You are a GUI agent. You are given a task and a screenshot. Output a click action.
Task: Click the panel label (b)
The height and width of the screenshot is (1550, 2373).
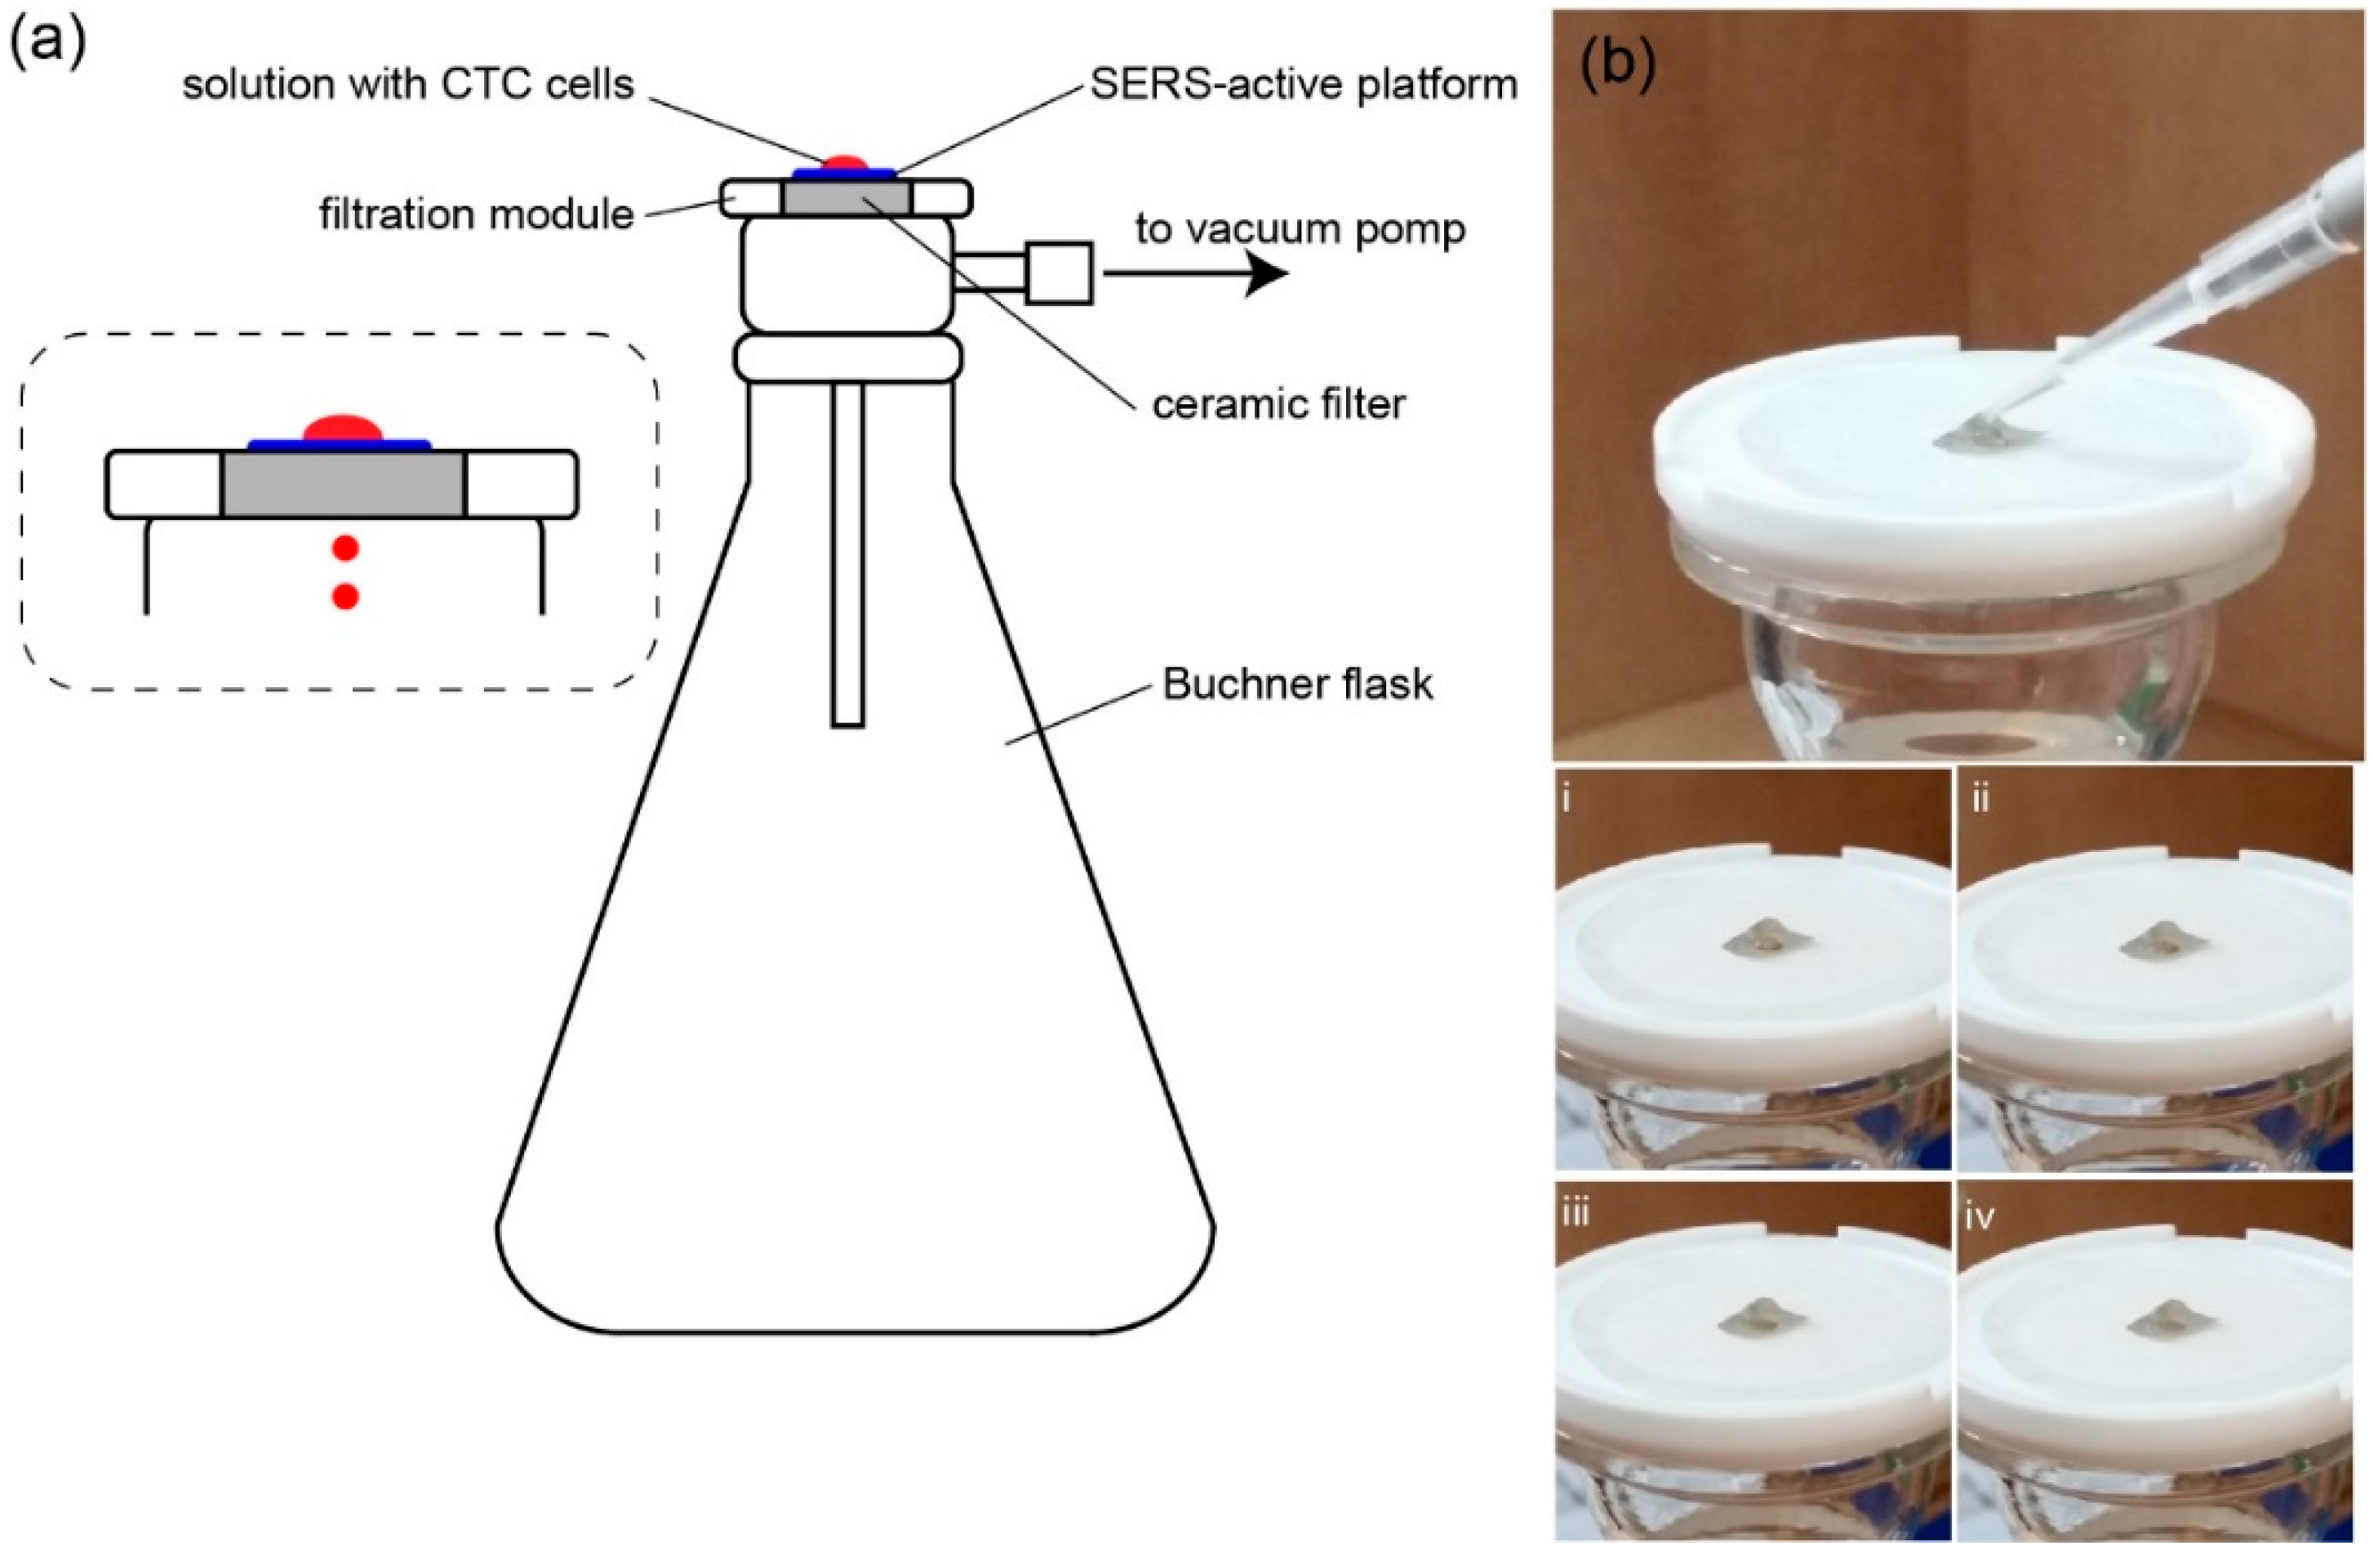click(x=1618, y=66)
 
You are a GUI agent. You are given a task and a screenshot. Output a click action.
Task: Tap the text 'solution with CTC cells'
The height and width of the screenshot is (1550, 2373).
click(x=408, y=85)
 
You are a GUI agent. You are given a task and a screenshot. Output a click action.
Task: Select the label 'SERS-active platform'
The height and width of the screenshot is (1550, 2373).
click(x=1303, y=85)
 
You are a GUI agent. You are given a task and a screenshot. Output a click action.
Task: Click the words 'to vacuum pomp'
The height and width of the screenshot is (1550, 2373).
click(x=1300, y=229)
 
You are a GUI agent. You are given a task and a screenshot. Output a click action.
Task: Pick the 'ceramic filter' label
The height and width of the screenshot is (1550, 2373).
click(x=1278, y=404)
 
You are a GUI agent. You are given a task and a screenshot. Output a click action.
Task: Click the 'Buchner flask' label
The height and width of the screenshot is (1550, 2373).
click(x=1297, y=684)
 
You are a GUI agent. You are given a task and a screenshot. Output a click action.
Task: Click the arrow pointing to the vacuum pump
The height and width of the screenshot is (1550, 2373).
click(x=1197, y=274)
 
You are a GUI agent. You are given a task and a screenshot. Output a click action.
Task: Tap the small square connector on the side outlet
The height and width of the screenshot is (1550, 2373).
click(x=1059, y=273)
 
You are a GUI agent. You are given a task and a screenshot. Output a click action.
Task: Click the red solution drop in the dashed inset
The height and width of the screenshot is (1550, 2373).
click(x=343, y=428)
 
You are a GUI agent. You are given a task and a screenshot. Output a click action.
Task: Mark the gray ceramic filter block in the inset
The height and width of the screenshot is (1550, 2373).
click(x=343, y=485)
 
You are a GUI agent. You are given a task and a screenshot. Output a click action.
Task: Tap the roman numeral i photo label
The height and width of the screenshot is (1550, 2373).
click(x=1566, y=799)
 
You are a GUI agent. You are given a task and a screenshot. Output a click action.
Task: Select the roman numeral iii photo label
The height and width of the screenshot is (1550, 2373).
click(x=1575, y=1214)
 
